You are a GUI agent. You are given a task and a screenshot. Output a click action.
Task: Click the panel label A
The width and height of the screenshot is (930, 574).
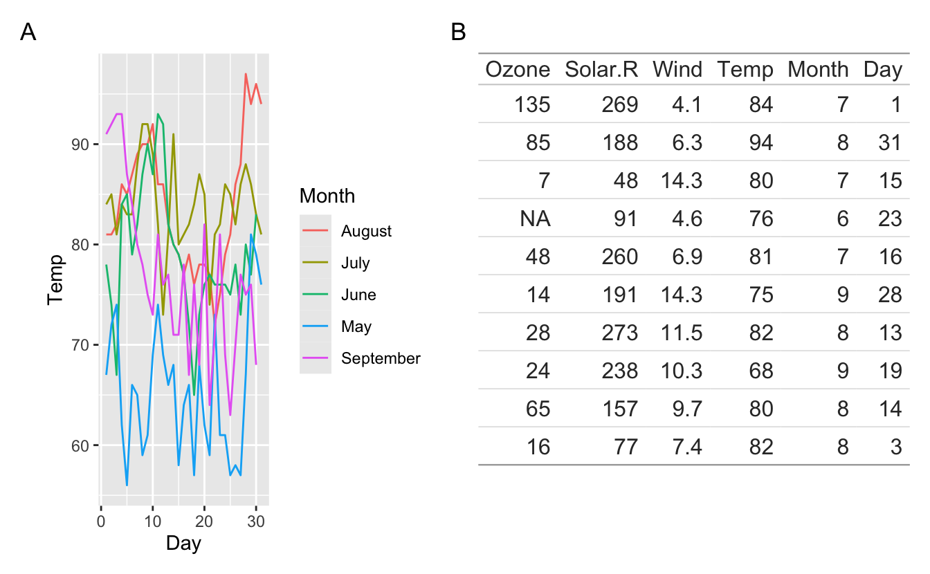click(x=28, y=32)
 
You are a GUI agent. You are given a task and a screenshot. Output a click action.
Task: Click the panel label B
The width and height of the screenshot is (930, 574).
click(x=458, y=32)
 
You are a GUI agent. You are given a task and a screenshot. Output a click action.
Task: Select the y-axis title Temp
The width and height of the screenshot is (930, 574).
click(x=56, y=279)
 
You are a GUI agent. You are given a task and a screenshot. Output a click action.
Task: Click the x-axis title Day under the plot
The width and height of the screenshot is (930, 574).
click(x=183, y=544)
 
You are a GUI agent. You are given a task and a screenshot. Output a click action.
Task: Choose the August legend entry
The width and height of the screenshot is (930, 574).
click(x=366, y=231)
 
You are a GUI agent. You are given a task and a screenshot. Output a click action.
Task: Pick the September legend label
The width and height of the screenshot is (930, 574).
click(x=381, y=358)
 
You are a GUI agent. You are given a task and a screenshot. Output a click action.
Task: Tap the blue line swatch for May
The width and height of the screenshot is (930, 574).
click(x=315, y=326)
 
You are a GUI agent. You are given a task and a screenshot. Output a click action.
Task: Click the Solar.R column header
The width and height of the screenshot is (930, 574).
click(x=601, y=69)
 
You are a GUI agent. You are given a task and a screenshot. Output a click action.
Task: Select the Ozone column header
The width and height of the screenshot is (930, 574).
click(x=518, y=69)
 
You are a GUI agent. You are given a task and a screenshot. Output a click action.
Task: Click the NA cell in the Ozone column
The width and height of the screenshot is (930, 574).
click(x=536, y=219)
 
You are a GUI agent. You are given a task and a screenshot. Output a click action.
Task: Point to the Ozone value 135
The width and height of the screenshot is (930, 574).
click(x=533, y=105)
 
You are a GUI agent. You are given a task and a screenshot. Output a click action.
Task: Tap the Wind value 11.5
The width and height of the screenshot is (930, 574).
click(x=682, y=332)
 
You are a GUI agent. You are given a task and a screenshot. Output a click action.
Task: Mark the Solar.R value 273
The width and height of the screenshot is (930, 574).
click(x=620, y=332)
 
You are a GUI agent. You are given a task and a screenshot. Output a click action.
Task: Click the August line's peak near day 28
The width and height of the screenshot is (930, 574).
click(x=246, y=74)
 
